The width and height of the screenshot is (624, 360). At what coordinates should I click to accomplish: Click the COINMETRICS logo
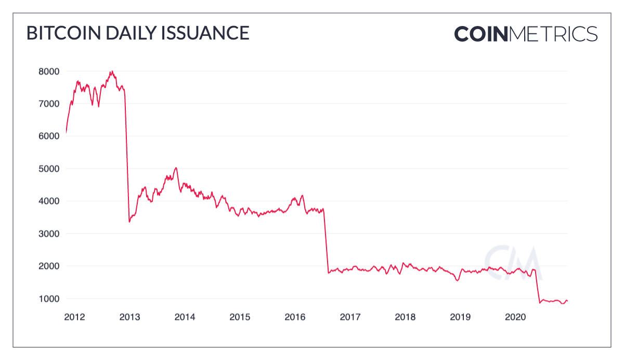526,34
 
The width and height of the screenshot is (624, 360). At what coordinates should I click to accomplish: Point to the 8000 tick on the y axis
49,71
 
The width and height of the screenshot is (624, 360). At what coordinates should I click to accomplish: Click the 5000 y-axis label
49,169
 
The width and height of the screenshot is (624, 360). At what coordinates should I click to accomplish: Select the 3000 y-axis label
49,234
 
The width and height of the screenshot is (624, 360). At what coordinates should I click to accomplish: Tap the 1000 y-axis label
49,299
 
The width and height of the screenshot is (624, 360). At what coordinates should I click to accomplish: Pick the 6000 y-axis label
49,136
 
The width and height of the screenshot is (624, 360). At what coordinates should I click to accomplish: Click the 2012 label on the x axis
74,316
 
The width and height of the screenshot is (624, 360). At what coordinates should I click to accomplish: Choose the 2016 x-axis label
295,316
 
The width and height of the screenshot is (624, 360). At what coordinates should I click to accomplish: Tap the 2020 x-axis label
516,316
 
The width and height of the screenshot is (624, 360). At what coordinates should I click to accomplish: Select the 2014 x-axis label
185,316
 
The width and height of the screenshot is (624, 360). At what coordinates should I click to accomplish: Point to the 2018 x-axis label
406,316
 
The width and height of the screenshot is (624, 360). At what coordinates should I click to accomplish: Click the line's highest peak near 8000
111,71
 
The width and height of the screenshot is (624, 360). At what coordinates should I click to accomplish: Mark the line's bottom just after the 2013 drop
129,222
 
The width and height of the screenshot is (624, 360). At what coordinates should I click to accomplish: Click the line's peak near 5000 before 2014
176,168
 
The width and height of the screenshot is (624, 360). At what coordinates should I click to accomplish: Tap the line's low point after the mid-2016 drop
328,273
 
